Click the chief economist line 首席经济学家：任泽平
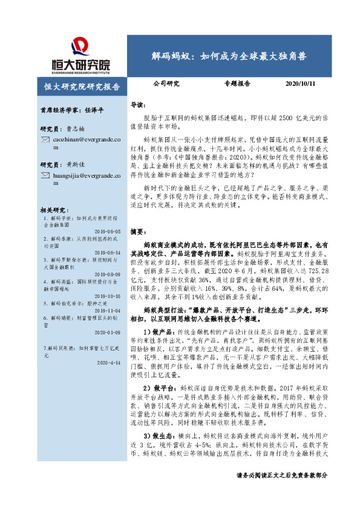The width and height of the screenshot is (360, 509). [x=72, y=111]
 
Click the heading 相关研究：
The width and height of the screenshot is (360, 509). [x=53, y=209]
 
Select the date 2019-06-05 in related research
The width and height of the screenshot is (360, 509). [x=110, y=232]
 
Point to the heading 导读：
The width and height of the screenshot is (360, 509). [x=139, y=105]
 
